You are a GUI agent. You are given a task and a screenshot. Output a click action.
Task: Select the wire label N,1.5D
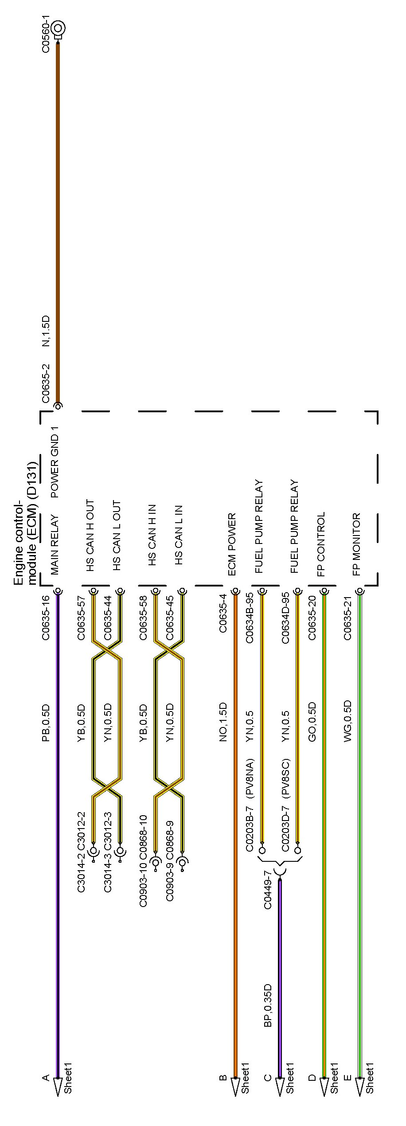46,332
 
